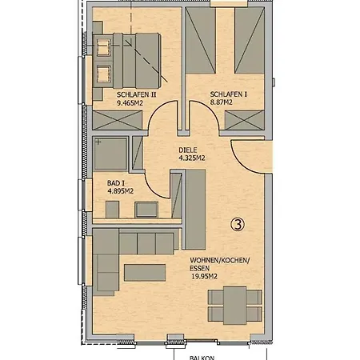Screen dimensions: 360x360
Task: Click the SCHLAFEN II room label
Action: coord(136,94)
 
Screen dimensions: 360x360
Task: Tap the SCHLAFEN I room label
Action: coord(228,94)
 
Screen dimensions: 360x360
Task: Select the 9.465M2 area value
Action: coord(130,103)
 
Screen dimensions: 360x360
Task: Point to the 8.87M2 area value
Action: coord(221,102)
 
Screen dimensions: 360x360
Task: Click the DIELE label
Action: coord(188,150)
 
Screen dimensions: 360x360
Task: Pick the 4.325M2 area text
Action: coord(192,158)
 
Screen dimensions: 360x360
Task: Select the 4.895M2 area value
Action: coord(120,191)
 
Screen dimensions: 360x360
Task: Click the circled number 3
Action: coord(238,224)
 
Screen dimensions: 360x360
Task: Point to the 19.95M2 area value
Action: coord(204,277)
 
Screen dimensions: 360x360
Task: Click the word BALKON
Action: coord(202,358)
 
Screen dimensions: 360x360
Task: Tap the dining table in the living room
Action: coord(234,306)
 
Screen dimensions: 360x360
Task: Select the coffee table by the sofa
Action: coord(145,273)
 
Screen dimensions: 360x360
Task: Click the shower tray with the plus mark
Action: coord(110,154)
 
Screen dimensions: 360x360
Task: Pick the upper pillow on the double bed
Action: coord(103,47)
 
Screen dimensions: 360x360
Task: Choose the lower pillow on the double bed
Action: coord(103,74)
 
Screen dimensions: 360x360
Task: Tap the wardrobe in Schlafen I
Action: coord(244,120)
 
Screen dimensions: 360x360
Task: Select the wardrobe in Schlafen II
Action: coord(118,120)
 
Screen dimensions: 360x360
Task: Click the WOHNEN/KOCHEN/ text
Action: coord(220,260)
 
